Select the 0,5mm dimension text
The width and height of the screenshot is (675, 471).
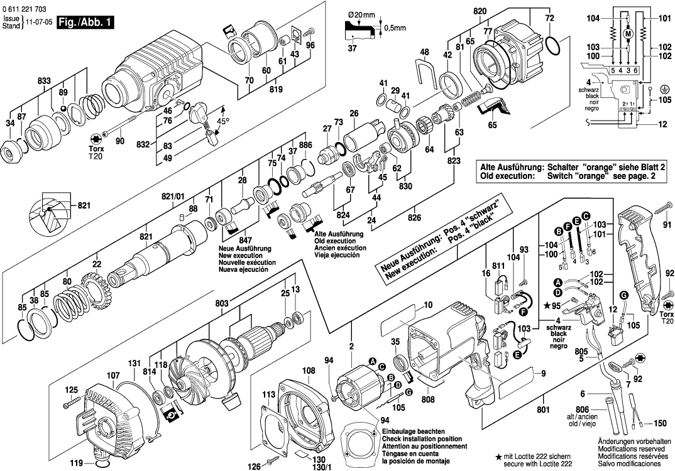click(394, 28)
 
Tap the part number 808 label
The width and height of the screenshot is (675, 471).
click(428, 398)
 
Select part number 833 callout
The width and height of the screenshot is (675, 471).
click(44, 81)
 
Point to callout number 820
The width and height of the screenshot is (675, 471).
click(480, 12)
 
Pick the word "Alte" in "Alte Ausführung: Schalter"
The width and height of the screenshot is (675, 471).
click(490, 169)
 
